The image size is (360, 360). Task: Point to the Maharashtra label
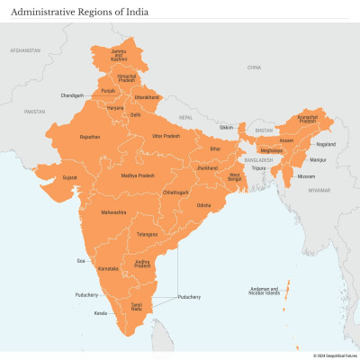click(114, 212)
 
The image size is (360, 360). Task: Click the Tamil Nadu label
click(137, 308)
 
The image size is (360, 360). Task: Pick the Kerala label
click(101, 314)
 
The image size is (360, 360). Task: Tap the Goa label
click(81, 260)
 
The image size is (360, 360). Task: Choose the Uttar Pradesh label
click(166, 136)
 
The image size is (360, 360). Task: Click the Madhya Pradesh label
click(139, 175)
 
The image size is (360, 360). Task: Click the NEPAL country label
click(186, 117)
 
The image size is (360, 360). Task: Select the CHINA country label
click(255, 67)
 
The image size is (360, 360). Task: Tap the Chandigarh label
click(72, 95)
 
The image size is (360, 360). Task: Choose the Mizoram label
click(306, 177)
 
